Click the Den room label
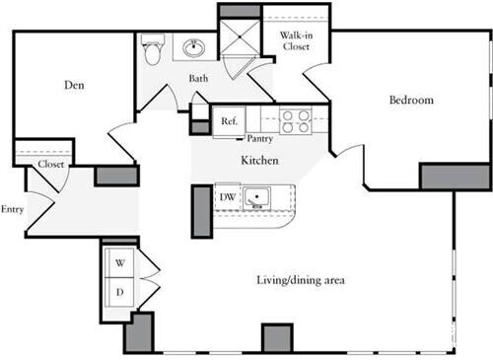[x=75, y=86]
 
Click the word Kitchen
[x=259, y=159]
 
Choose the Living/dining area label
[x=300, y=280]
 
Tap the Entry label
[x=13, y=209]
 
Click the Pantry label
[x=260, y=138]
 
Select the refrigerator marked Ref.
[x=229, y=121]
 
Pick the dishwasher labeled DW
[x=226, y=197]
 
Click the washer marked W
[x=121, y=263]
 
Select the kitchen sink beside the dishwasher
[x=257, y=198]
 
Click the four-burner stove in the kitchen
[x=293, y=120]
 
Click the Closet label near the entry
[x=50, y=165]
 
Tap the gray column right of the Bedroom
[x=455, y=176]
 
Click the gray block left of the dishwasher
[x=200, y=208]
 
